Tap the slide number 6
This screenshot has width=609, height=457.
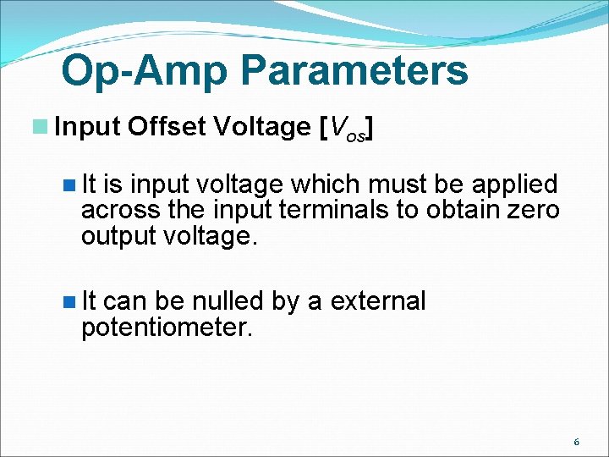point(576,442)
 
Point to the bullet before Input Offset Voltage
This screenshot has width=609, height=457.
point(40,127)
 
